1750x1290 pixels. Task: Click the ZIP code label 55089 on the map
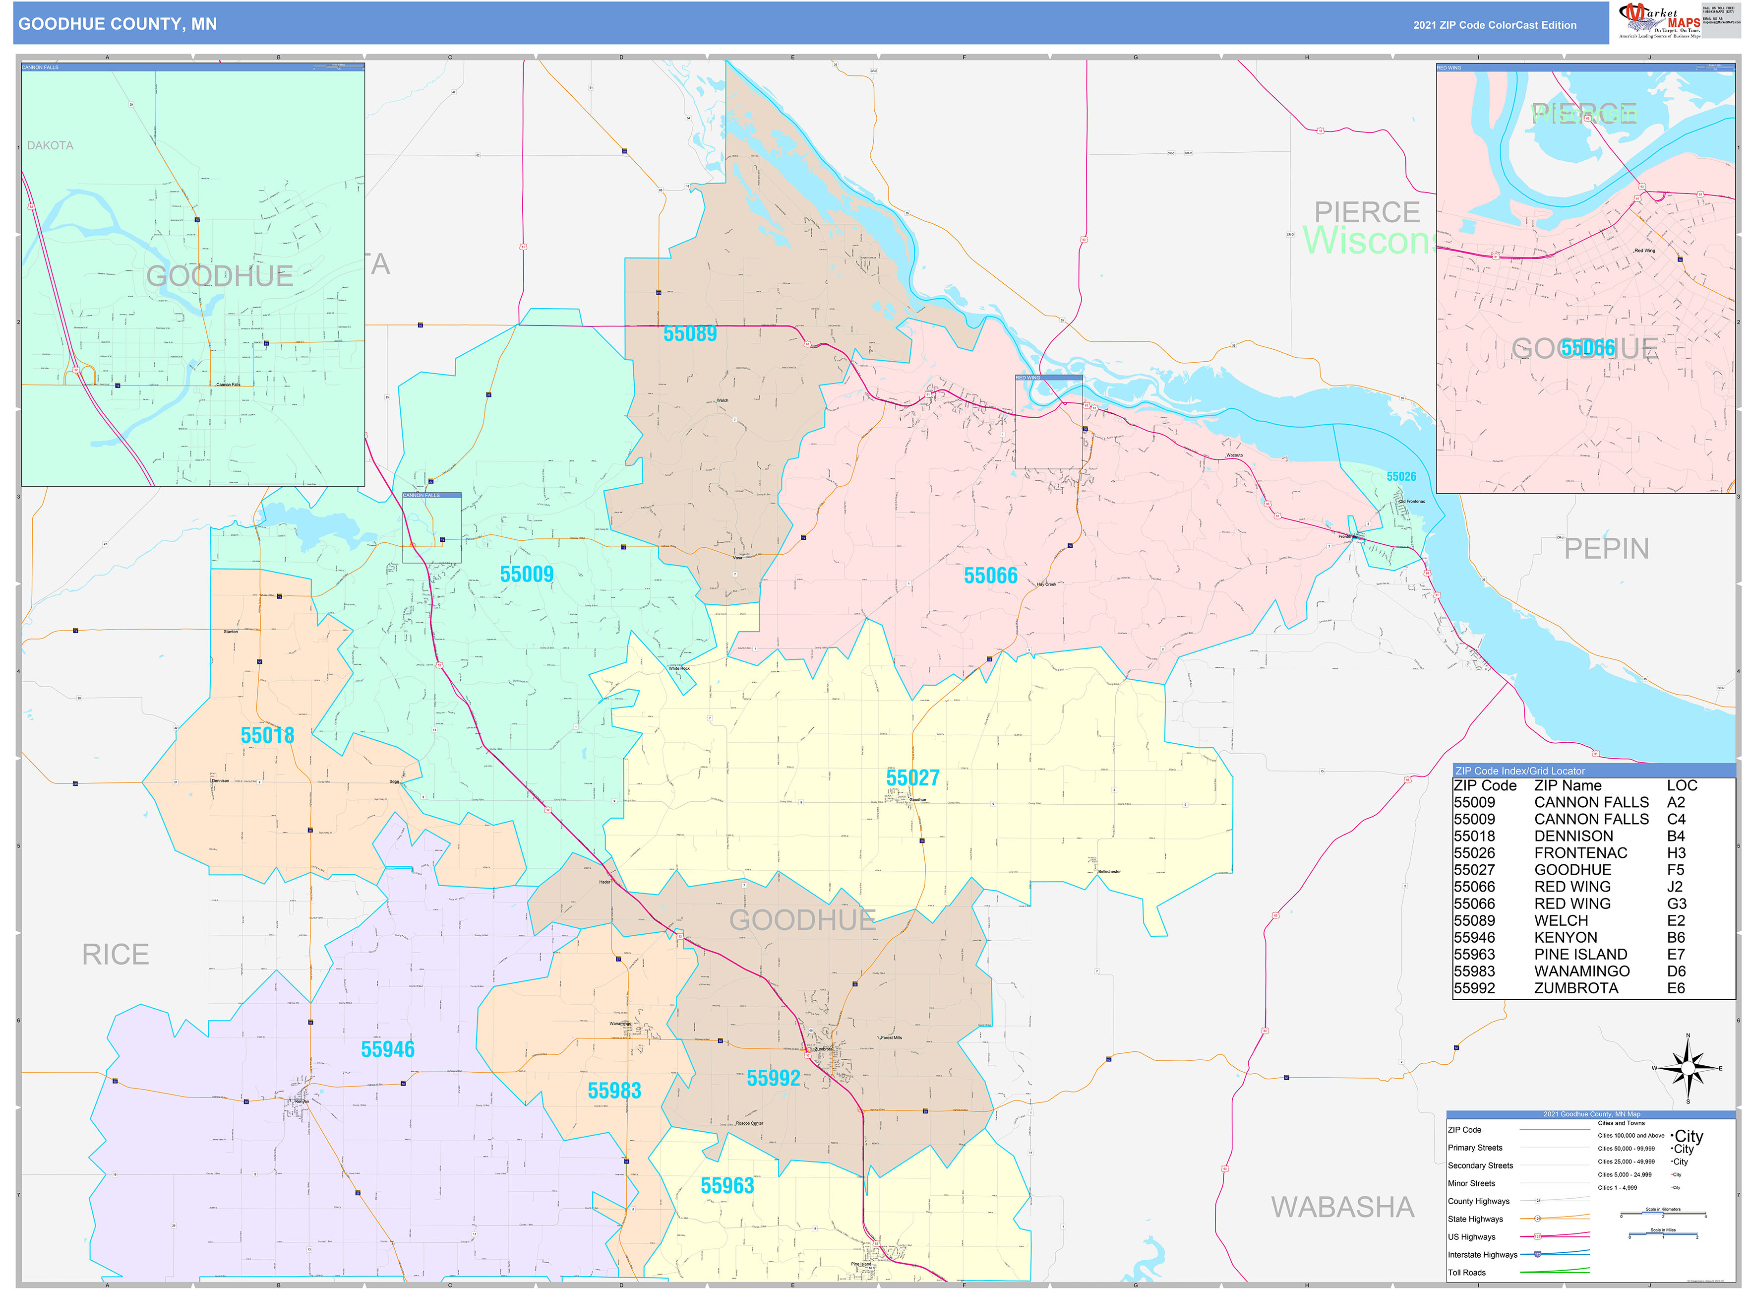[689, 333]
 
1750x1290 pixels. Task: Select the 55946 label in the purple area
[387, 1049]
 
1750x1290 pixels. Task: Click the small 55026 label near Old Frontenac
[1400, 476]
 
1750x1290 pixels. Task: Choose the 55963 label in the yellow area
[726, 1185]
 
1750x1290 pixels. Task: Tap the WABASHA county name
[1342, 1207]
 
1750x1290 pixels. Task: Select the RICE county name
[116, 954]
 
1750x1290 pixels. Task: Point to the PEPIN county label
[1606, 549]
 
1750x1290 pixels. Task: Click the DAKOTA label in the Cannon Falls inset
[50, 145]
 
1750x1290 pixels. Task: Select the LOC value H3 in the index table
[1675, 853]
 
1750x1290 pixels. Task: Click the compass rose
[1687, 1067]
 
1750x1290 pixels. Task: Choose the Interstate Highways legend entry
[1482, 1254]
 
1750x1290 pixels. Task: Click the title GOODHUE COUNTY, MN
[117, 23]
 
